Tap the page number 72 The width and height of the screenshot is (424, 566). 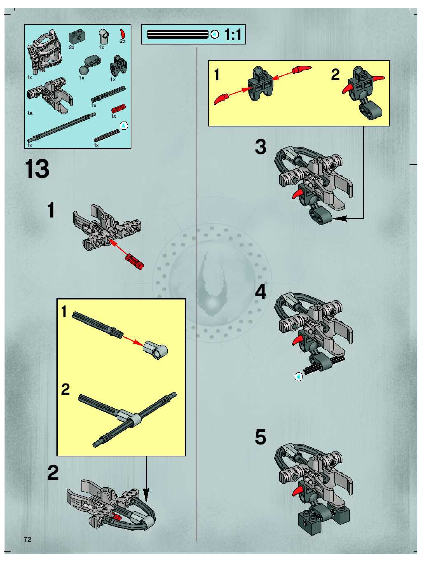(x=27, y=539)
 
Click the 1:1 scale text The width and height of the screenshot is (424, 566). (x=233, y=35)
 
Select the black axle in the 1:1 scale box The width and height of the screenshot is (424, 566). (x=178, y=34)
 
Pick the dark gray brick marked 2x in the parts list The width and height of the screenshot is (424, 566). (x=77, y=37)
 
